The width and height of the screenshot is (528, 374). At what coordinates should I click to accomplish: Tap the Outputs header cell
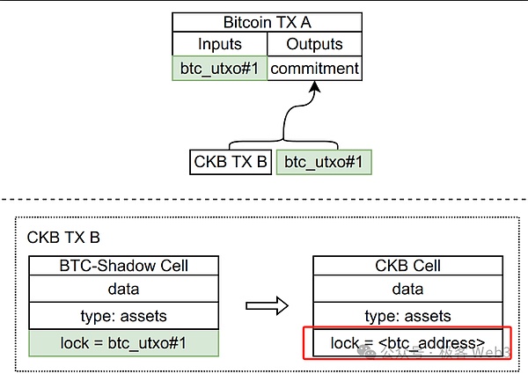tap(314, 44)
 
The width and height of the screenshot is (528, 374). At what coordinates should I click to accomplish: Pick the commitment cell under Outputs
tap(314, 68)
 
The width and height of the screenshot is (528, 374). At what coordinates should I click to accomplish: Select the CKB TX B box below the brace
tap(230, 162)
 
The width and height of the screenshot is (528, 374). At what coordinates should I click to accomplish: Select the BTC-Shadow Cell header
tap(122, 266)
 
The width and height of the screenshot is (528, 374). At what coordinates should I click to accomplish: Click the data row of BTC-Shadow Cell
tap(122, 290)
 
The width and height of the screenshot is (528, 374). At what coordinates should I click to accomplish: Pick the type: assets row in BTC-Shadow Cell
tap(122, 315)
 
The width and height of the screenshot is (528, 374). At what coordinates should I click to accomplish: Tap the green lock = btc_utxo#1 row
tap(122, 342)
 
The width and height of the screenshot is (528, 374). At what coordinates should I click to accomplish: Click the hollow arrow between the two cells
tap(267, 305)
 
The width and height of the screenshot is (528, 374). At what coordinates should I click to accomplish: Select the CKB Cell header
tap(407, 266)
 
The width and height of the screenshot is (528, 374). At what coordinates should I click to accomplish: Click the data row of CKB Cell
tap(407, 290)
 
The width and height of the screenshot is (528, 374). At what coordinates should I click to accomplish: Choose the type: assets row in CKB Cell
tap(407, 315)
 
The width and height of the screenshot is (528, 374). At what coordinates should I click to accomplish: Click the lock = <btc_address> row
tap(407, 342)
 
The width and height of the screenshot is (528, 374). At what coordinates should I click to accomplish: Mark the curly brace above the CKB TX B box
tap(282, 141)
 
